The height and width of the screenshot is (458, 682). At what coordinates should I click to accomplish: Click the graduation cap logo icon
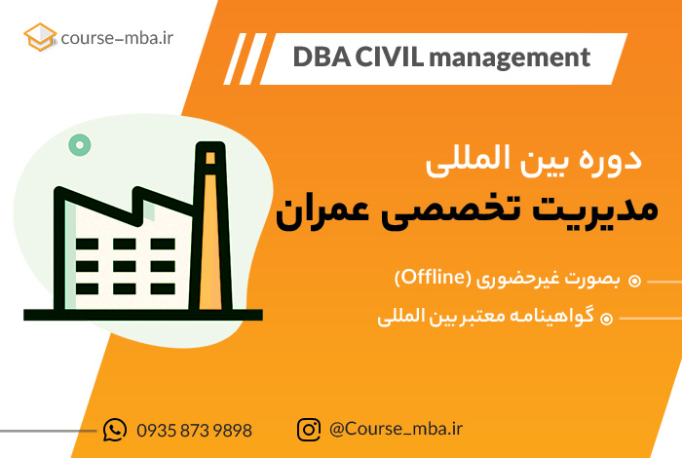coord(40,37)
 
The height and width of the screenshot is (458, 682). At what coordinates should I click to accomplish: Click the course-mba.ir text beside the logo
coord(117,38)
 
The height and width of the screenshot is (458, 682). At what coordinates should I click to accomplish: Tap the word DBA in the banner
coord(322,57)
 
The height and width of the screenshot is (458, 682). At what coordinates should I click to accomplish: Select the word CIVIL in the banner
coord(389,57)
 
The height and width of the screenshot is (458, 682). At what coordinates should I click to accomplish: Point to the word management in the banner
coord(510,58)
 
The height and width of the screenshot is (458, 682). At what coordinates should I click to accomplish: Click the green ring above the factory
coord(80,145)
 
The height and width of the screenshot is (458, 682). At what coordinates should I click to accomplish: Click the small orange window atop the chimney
coord(210,158)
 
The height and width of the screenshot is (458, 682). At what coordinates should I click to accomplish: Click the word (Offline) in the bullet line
coord(433,278)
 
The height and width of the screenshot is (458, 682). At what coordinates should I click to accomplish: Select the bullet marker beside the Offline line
coord(634,281)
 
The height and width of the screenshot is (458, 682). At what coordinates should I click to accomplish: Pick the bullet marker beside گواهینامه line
coord(606,319)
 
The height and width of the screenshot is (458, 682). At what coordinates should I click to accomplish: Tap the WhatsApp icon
coord(115,430)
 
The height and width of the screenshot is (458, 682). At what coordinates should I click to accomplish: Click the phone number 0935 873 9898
coord(194,431)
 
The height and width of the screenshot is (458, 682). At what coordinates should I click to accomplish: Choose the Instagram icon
coord(309,430)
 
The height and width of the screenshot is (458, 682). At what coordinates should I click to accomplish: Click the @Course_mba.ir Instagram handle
coord(396,430)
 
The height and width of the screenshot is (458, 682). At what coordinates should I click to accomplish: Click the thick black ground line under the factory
coord(143,315)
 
